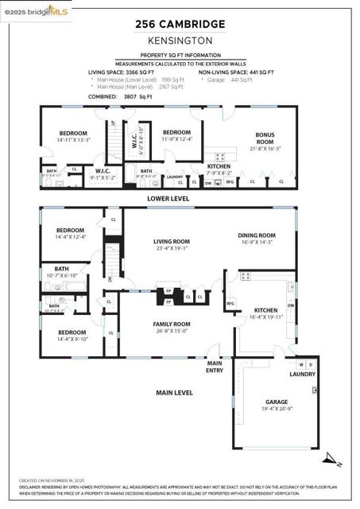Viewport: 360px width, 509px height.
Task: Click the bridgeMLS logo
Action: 36,10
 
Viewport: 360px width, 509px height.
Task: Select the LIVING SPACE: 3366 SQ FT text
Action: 127,72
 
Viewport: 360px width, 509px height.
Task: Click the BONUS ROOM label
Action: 265,138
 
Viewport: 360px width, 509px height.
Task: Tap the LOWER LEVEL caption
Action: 168,198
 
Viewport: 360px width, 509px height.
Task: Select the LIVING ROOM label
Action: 171,243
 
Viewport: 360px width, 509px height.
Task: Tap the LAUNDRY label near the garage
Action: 302,375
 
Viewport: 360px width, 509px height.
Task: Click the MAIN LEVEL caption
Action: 174,392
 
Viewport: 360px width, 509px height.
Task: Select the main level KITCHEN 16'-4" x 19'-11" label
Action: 265,313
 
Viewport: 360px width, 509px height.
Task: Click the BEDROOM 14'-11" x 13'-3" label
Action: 72,136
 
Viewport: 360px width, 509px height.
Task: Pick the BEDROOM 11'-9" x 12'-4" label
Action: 177,136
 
